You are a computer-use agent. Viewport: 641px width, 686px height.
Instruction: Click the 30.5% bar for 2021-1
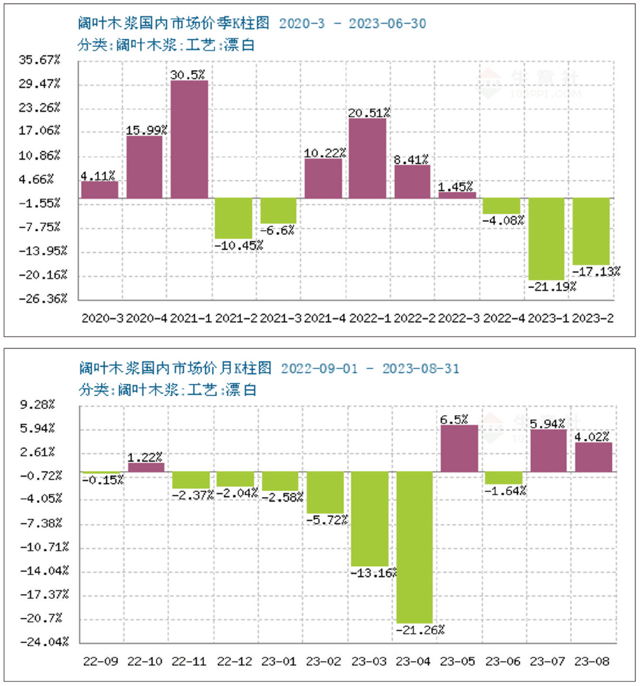[x=189, y=139]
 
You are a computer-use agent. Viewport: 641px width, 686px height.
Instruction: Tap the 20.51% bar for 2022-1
[x=367, y=158]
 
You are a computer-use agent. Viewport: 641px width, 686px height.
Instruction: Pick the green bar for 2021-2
[x=233, y=218]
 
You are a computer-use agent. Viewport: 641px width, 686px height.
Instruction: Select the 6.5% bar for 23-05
[x=459, y=448]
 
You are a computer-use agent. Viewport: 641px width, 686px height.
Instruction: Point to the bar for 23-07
[x=548, y=450]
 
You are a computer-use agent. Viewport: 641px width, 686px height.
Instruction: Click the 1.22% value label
[x=145, y=457]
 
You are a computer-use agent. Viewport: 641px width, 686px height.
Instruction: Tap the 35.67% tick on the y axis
[x=41, y=60]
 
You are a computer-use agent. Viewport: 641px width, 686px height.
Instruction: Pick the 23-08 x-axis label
[x=593, y=661]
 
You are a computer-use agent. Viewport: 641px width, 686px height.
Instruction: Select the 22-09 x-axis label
[x=101, y=661]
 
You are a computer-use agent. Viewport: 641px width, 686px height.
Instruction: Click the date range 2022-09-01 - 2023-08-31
[x=370, y=369]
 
